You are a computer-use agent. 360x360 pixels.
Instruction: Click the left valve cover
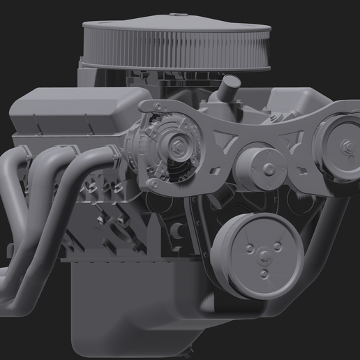pos(77,112)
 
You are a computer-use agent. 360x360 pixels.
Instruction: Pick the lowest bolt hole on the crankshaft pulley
pos(264,274)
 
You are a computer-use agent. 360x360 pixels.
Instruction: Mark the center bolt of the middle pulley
pos(267,167)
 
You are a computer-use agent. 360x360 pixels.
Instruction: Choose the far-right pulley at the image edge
pos(338,147)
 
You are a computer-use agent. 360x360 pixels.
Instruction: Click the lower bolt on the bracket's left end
pos(149,183)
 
